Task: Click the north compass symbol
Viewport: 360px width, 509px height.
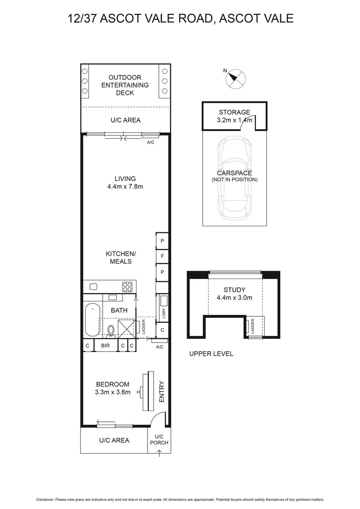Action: coord(235,78)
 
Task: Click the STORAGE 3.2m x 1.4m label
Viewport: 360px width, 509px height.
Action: coord(234,116)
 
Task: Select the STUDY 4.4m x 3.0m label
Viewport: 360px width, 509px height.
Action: coord(234,294)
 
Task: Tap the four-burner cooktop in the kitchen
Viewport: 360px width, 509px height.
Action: coord(128,286)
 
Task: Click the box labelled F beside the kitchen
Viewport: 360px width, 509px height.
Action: coord(162,257)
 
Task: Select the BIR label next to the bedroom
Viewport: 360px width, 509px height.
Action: coord(105,345)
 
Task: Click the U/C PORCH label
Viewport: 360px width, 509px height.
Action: coord(159,440)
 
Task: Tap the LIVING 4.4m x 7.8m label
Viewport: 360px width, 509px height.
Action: coord(125,182)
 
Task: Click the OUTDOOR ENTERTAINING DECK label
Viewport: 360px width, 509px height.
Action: coord(125,85)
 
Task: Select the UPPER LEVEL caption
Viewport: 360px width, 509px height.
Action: coord(211,353)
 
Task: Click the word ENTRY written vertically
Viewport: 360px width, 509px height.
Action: coord(162,391)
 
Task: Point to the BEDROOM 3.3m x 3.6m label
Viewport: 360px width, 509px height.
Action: coord(113,388)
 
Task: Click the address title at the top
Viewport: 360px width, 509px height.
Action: coord(180,18)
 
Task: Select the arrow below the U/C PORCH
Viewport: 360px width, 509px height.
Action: coord(159,454)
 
